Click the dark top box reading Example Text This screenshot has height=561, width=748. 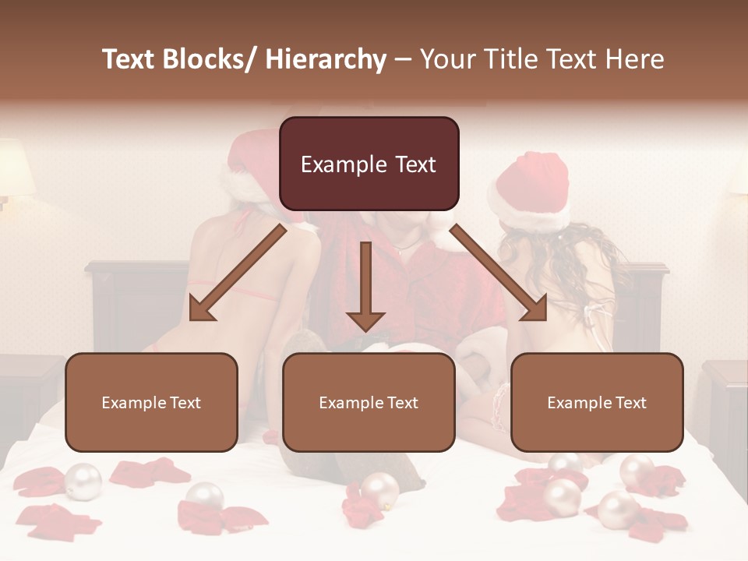pyautogui.click(x=369, y=164)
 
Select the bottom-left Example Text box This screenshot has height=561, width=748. pyautogui.click(x=151, y=402)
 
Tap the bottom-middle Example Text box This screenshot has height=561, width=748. pyautogui.click(x=369, y=402)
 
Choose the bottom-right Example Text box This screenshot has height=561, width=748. pyautogui.click(x=597, y=402)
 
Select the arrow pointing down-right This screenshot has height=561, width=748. pyautogui.click(x=499, y=273)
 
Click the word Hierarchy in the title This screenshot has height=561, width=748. pyautogui.click(x=326, y=59)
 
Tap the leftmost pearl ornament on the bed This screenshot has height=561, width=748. pyautogui.click(x=83, y=482)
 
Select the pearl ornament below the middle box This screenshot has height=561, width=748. pyautogui.click(x=379, y=489)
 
